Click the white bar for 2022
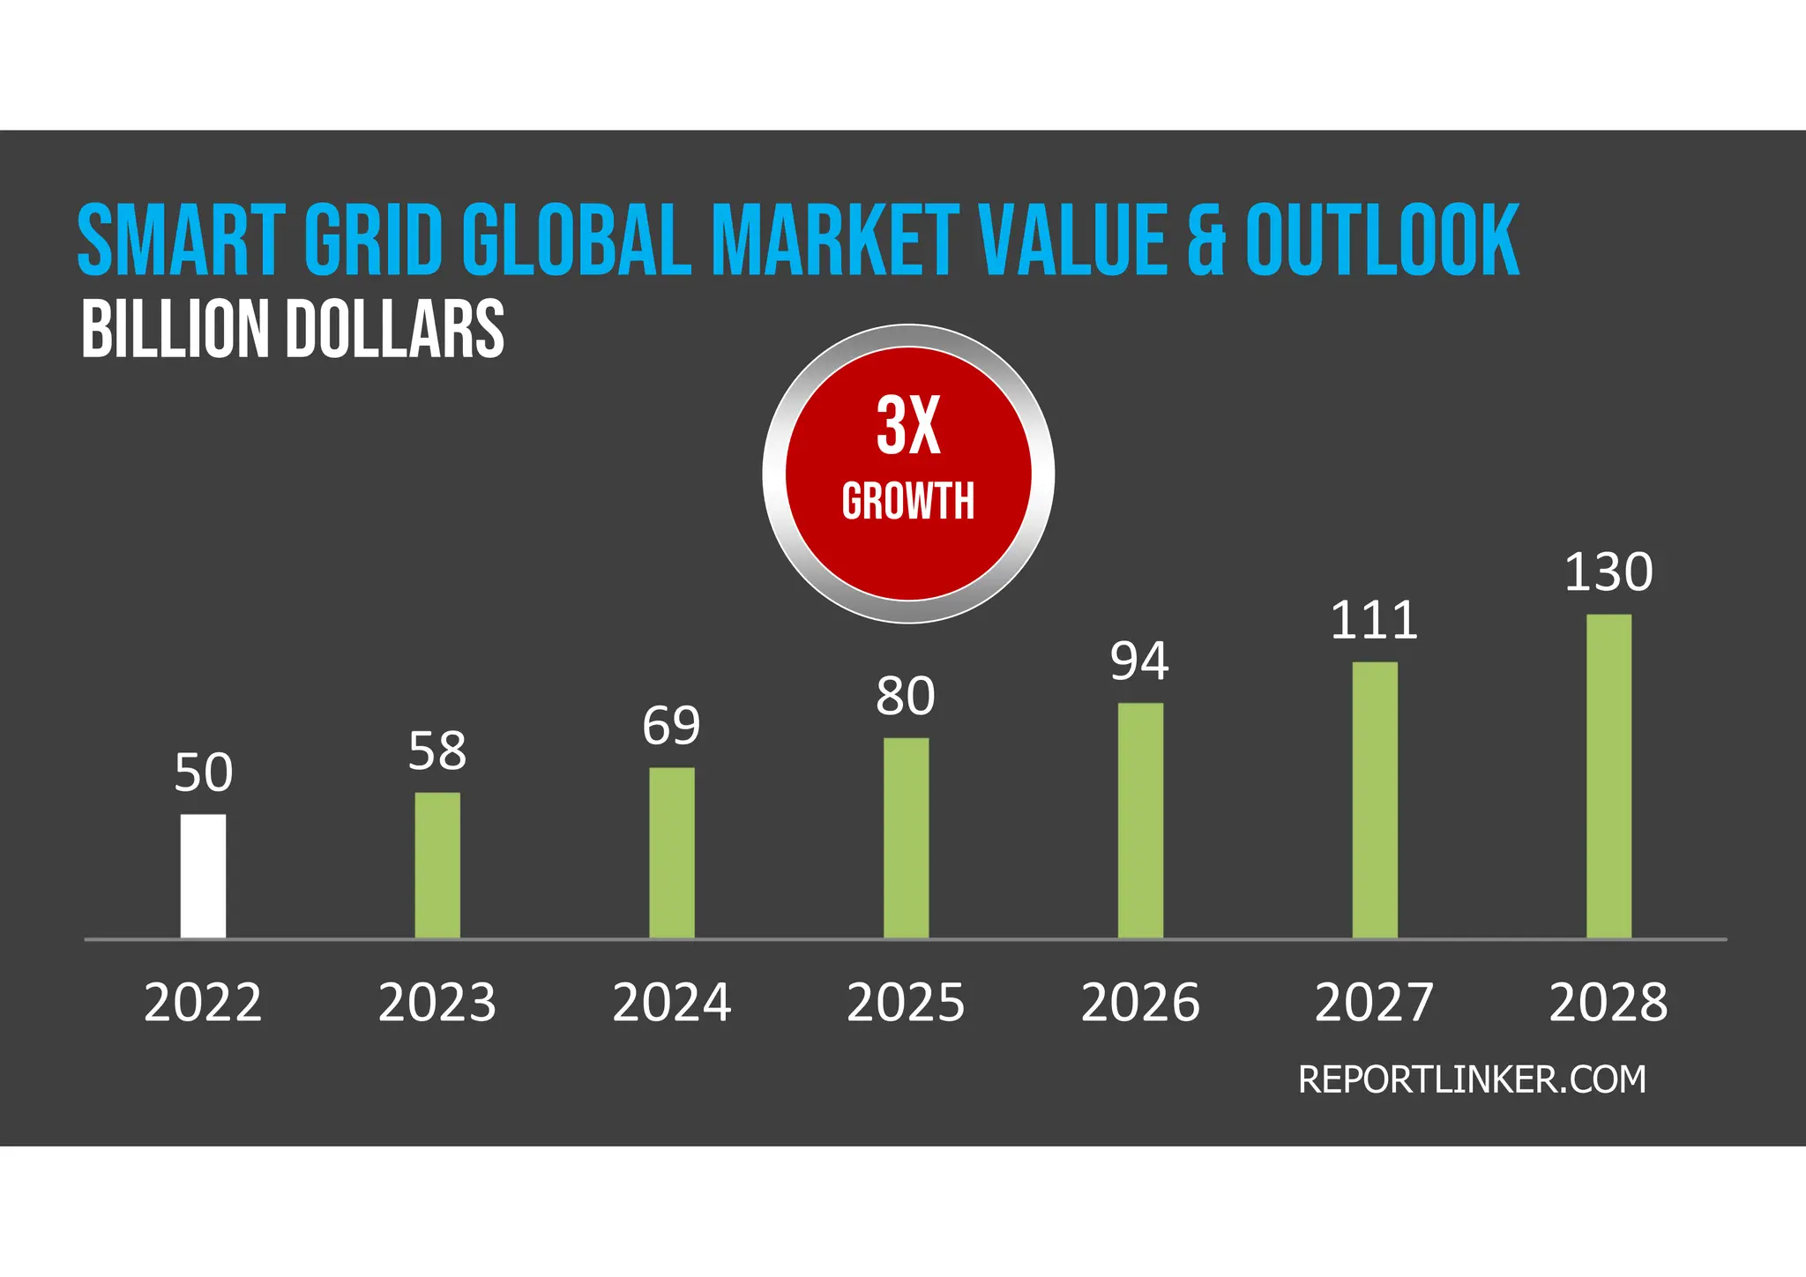(x=203, y=876)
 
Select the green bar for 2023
(x=437, y=865)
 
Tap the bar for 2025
(x=906, y=838)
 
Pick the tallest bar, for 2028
(x=1608, y=776)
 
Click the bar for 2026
(x=1140, y=820)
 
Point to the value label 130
(x=1608, y=572)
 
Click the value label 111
(x=1374, y=621)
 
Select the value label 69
(x=671, y=726)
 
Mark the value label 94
(x=1139, y=661)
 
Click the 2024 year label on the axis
(x=671, y=1003)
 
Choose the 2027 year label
(x=1374, y=1003)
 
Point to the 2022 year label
(x=203, y=1003)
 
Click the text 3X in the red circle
(x=908, y=426)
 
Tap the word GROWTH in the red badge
(x=908, y=501)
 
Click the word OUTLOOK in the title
(x=1382, y=240)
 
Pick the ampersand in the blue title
(x=1205, y=240)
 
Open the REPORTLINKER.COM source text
(x=1471, y=1080)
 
